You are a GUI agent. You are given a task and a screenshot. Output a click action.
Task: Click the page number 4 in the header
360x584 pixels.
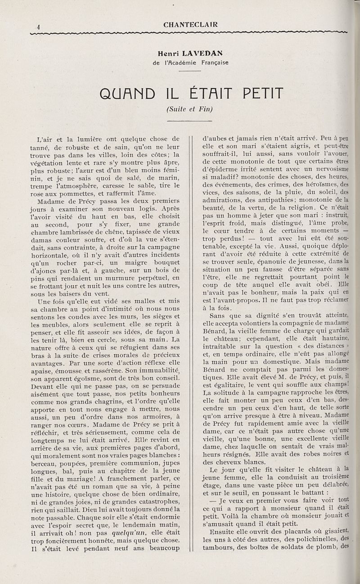click(40, 26)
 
